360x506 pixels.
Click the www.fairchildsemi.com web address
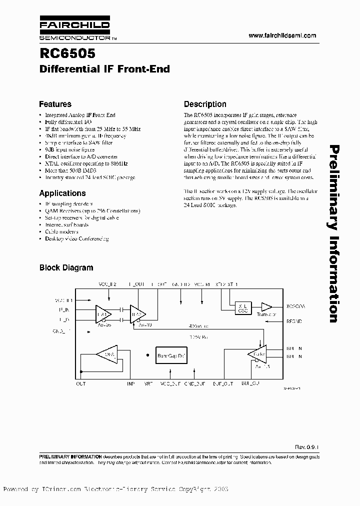(x=282, y=35)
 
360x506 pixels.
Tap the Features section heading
(x=55, y=104)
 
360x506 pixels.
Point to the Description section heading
(x=205, y=104)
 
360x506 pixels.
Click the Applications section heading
(x=62, y=193)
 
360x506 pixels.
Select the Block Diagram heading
(x=66, y=267)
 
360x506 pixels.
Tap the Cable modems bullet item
(x=62, y=232)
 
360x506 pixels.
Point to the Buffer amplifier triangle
(x=258, y=353)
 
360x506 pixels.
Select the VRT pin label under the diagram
(x=149, y=384)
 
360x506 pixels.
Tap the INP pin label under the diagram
(x=131, y=384)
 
